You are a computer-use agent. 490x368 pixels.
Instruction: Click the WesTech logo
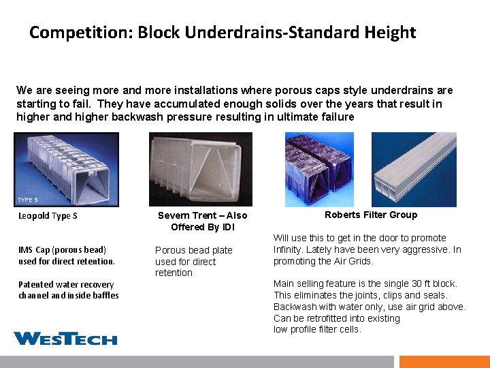[65, 338]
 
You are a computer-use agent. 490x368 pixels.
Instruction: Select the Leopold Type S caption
[48, 216]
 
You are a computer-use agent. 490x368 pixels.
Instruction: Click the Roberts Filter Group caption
[371, 215]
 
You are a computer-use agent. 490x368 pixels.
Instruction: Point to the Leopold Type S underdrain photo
[66, 169]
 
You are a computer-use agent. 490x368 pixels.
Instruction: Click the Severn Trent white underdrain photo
[200, 169]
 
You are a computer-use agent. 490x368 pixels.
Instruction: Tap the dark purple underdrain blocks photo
[319, 169]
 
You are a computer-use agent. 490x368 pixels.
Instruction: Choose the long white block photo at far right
[414, 169]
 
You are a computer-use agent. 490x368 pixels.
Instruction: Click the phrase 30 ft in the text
[402, 283]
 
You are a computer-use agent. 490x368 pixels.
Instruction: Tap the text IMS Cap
[34, 249]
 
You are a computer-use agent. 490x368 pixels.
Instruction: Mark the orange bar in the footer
[444, 361]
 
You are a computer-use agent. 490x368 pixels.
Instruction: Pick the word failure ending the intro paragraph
[337, 117]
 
